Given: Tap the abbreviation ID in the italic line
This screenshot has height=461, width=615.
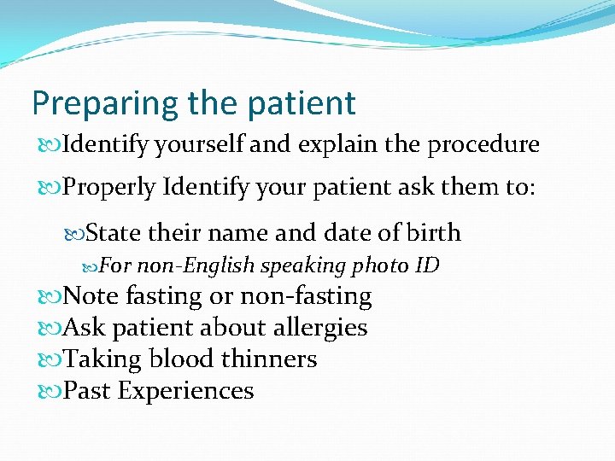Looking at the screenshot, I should pos(426,266).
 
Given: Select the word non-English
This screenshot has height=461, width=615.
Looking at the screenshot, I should pos(196,266).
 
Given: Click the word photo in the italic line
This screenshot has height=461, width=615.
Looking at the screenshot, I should pos(381,266).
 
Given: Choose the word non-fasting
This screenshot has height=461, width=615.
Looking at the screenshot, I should pos(306,296).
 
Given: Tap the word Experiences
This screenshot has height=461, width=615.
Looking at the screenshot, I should pos(185,391).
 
